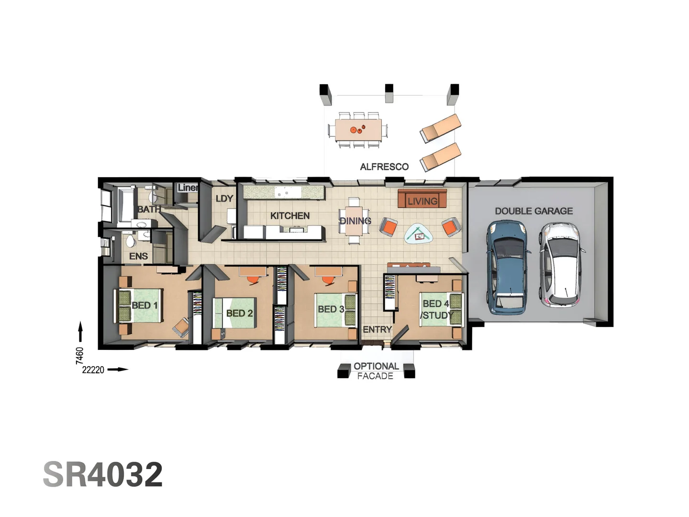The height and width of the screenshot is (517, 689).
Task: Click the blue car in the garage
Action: (x=508, y=267)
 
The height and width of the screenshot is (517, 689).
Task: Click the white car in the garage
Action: (x=561, y=265)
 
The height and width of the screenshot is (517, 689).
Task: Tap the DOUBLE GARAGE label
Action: (x=533, y=211)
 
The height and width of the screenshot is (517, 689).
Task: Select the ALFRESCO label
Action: (x=384, y=167)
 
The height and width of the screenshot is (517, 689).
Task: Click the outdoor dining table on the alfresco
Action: (x=358, y=130)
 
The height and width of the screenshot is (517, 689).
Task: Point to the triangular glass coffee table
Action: (x=419, y=235)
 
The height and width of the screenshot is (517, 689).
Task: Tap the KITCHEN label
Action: (x=290, y=216)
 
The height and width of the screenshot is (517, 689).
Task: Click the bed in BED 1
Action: (x=139, y=305)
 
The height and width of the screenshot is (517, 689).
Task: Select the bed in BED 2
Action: (x=235, y=313)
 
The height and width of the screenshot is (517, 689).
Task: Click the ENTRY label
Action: (x=377, y=330)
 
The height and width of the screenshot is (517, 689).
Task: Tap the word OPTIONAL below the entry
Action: (x=376, y=366)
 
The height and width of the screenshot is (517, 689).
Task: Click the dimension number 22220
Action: (x=93, y=370)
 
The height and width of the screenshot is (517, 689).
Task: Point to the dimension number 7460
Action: (x=79, y=356)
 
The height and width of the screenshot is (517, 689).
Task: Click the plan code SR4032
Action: (x=103, y=474)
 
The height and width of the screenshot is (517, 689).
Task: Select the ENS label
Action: (x=138, y=257)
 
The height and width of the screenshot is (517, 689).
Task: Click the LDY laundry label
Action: (x=224, y=199)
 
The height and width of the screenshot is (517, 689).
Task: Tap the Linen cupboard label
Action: (x=188, y=188)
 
